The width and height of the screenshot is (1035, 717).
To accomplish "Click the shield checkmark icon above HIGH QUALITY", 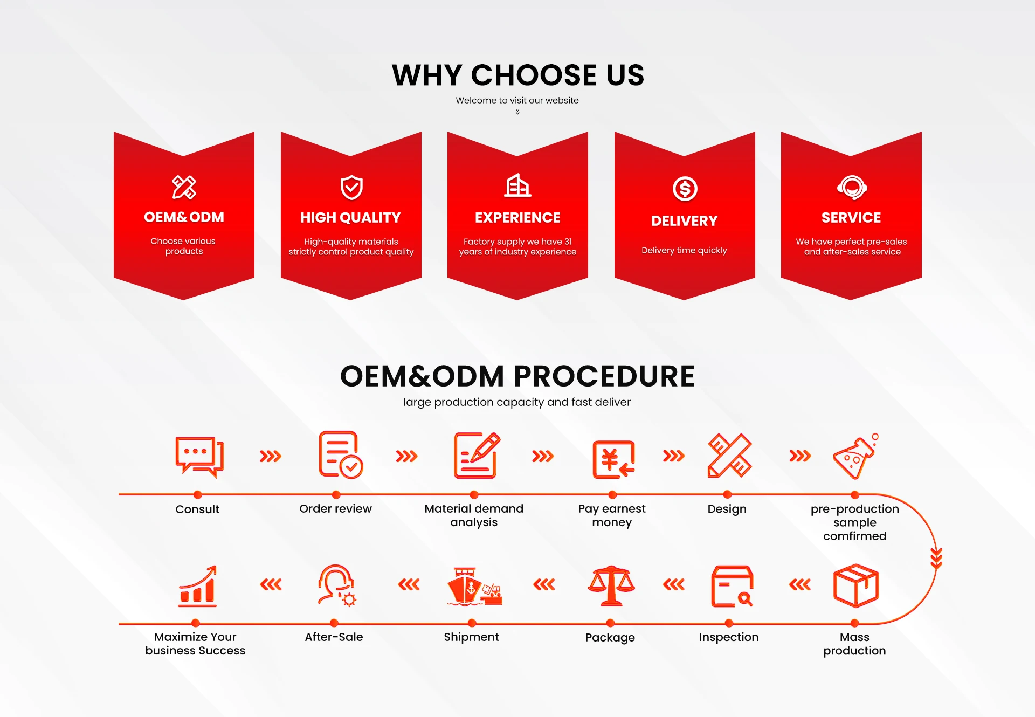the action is pos(351,187).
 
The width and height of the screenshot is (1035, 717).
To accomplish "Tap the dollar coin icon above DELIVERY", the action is pos(685,189).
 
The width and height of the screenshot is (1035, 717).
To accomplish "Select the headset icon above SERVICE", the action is pos(852,187).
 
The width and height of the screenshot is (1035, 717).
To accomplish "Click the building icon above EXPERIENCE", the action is pos(517,185).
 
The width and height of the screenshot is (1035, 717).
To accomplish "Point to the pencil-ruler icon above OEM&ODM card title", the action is pos(184,187).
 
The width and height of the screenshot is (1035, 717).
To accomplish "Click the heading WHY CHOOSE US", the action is pos(517,75).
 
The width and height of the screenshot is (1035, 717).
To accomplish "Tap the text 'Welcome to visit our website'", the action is pos(517,100).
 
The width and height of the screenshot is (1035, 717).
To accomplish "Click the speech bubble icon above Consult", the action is pos(199,457).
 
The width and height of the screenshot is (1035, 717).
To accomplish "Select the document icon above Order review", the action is pos(340,454).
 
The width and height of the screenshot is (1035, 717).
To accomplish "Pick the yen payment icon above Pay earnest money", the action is pos(613,459).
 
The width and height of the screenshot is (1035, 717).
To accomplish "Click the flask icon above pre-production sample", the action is pos(855,456).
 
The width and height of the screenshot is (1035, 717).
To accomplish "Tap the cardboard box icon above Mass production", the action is pos(855,585).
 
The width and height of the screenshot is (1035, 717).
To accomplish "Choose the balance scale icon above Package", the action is pos(611,586).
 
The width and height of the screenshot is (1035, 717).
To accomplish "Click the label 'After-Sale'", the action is pos(334,637).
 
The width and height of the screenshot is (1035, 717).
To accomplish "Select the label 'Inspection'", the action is pos(728,637).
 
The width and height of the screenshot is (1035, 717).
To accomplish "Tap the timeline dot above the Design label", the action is pos(727,494).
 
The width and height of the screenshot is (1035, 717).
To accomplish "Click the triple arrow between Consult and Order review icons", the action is pos(270,457).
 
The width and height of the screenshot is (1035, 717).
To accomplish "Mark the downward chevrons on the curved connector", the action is pos(936,558).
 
